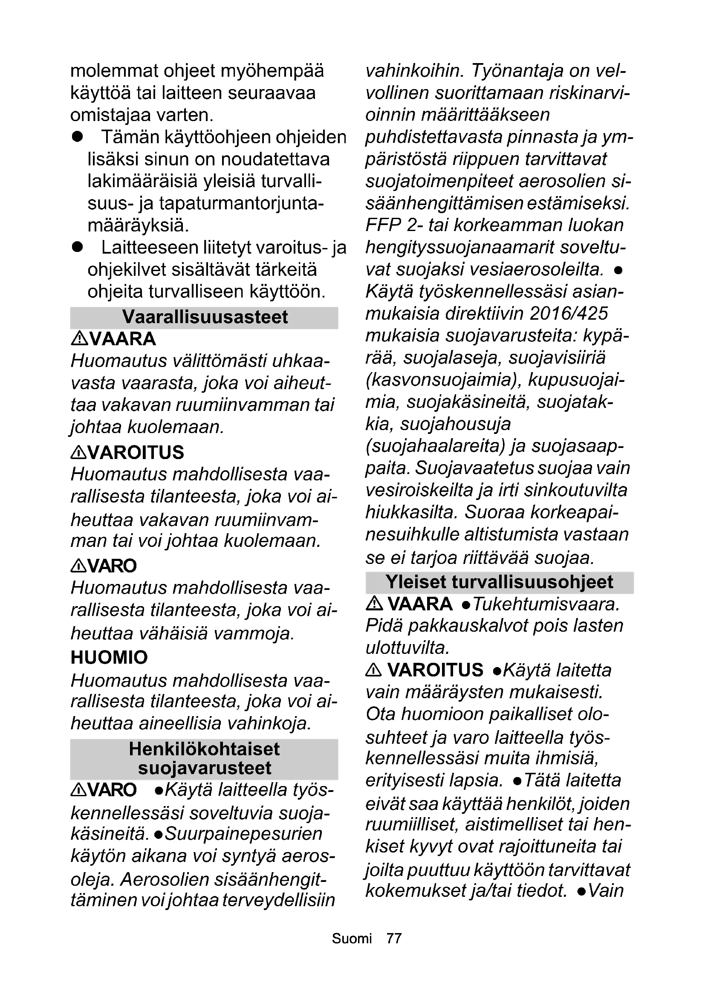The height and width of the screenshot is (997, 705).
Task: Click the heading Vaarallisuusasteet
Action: coord(205,318)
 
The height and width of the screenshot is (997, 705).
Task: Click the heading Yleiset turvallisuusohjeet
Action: coord(499,582)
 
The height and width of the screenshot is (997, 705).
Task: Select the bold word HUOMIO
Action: coord(109,657)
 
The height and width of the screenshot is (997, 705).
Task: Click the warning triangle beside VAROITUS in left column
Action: coord(78,453)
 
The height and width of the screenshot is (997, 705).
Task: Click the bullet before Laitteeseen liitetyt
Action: coord(78,248)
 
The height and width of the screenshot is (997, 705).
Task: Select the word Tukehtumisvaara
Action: coord(546,604)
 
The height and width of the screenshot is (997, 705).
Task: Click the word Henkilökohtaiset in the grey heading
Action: coord(204,749)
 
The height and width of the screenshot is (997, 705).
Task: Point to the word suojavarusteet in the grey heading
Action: coord(205,768)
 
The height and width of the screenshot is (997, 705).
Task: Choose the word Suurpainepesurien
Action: coord(244,834)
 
